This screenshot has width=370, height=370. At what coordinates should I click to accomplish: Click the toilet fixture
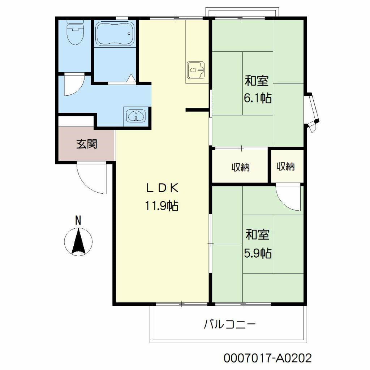click(x=75, y=32)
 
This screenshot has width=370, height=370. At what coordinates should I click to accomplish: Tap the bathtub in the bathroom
click(x=115, y=34)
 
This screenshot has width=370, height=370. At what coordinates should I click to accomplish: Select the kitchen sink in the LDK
click(x=195, y=70)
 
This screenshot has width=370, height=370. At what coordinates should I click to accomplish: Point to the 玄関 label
click(x=87, y=144)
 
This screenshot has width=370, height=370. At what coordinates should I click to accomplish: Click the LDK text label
click(x=162, y=188)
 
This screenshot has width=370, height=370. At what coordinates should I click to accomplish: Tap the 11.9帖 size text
click(x=162, y=206)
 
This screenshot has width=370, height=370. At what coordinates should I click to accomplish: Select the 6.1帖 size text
click(x=258, y=98)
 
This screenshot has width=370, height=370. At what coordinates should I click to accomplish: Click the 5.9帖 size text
click(x=258, y=253)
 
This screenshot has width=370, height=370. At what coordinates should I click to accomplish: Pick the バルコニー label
click(x=229, y=324)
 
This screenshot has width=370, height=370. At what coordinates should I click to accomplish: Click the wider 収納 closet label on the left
click(x=240, y=167)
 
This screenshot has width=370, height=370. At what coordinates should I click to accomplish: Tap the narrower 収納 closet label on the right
click(x=285, y=167)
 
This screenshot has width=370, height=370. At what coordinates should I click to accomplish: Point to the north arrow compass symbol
click(x=78, y=242)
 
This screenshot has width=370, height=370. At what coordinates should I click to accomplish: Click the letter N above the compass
click(x=78, y=221)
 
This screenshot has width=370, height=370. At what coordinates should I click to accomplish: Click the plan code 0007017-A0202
click(x=268, y=358)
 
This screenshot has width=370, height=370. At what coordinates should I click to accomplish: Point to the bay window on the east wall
click(x=312, y=112)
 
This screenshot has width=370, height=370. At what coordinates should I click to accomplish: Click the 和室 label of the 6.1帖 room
click(x=257, y=81)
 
